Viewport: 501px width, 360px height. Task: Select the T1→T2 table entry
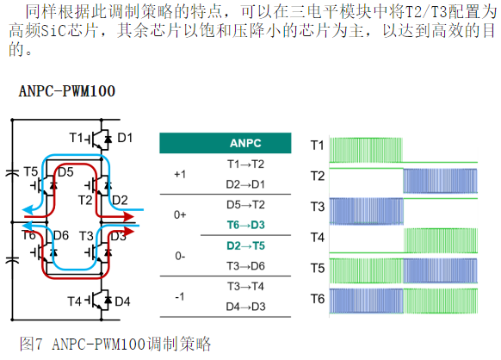245,164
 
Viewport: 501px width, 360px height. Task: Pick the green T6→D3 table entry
245,225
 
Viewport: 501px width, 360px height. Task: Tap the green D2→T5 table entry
245,245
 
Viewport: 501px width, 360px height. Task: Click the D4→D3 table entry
245,307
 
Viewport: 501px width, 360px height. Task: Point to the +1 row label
180,175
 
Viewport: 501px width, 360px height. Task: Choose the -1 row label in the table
180,297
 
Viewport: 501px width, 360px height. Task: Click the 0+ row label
180,215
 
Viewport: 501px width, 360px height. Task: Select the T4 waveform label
318,238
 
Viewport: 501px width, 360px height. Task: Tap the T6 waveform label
318,299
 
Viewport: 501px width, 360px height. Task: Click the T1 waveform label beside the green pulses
318,146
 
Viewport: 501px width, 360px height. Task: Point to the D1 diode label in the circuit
125,138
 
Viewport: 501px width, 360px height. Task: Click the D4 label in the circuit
122,301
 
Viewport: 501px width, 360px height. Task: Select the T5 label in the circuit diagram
31,172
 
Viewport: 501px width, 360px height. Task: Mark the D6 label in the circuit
61,236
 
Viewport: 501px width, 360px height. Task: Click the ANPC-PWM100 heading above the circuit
67,91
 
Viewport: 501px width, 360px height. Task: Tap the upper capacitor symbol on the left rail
12,173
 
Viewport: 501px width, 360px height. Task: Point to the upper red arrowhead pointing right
129,217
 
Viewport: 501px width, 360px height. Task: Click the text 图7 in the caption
31,344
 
